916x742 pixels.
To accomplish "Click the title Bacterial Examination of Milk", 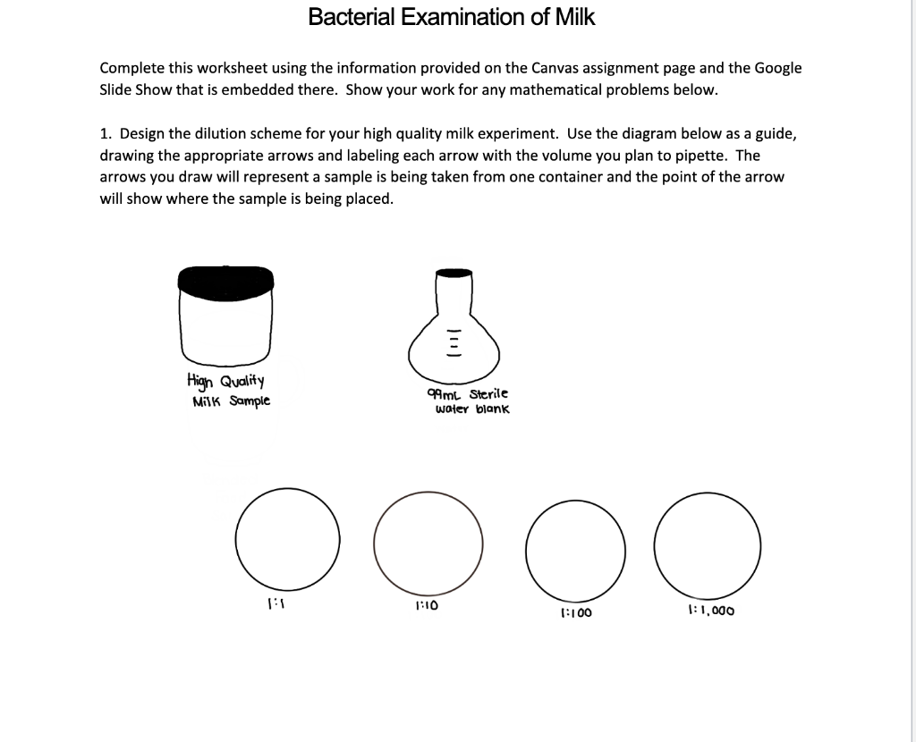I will coord(451,17).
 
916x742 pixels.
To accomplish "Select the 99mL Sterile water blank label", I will coord(469,401).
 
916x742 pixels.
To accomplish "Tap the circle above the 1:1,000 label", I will coord(708,542).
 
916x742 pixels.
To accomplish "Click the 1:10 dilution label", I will coord(427,605).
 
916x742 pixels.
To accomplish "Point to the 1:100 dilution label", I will coord(575,613).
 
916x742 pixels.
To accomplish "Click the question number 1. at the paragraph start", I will coord(106,134).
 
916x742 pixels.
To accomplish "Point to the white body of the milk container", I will coord(226,326).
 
